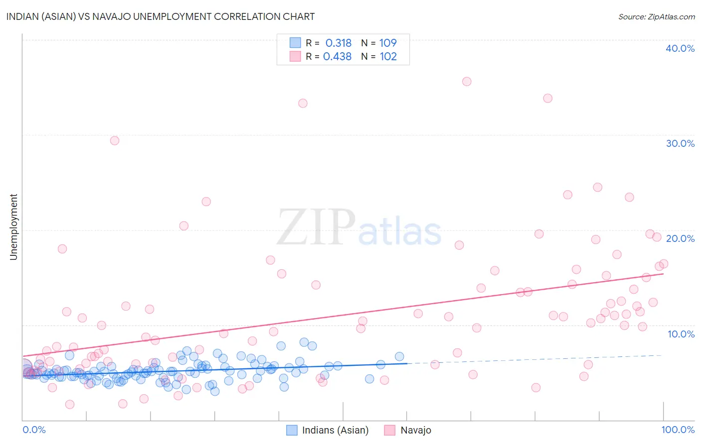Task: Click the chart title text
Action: [160, 16]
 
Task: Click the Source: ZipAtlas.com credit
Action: [656, 17]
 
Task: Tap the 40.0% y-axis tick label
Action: [680, 48]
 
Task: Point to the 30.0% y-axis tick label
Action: [680, 143]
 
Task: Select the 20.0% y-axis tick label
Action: [680, 238]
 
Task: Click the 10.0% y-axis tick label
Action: [681, 334]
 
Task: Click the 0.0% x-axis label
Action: [34, 430]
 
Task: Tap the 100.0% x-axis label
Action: [678, 430]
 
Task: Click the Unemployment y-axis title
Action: [13, 227]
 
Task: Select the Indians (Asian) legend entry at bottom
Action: [335, 430]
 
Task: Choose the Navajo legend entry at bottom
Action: [416, 430]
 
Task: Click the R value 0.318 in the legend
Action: [339, 43]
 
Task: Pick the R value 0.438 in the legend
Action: [338, 56]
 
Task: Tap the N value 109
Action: [388, 43]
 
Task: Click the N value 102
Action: [388, 56]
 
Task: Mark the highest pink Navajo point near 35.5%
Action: [467, 82]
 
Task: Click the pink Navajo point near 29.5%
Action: [115, 140]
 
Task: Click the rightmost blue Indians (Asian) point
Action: [399, 356]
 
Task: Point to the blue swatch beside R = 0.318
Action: [295, 43]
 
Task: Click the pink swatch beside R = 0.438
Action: [295, 56]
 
